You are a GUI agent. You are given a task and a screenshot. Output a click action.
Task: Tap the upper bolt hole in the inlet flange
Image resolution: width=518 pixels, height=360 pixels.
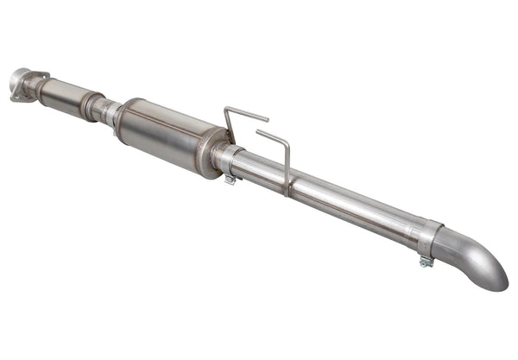point(18,73)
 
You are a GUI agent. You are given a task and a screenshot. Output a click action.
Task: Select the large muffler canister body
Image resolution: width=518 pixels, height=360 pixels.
point(164,134)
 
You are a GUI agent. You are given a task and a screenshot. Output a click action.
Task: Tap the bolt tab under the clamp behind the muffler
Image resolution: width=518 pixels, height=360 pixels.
point(230,180)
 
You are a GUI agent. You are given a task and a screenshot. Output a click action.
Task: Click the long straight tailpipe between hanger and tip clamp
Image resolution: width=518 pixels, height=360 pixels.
point(354,206)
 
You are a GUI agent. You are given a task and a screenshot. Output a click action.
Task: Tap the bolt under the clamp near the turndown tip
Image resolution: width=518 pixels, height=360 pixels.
point(426,261)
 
